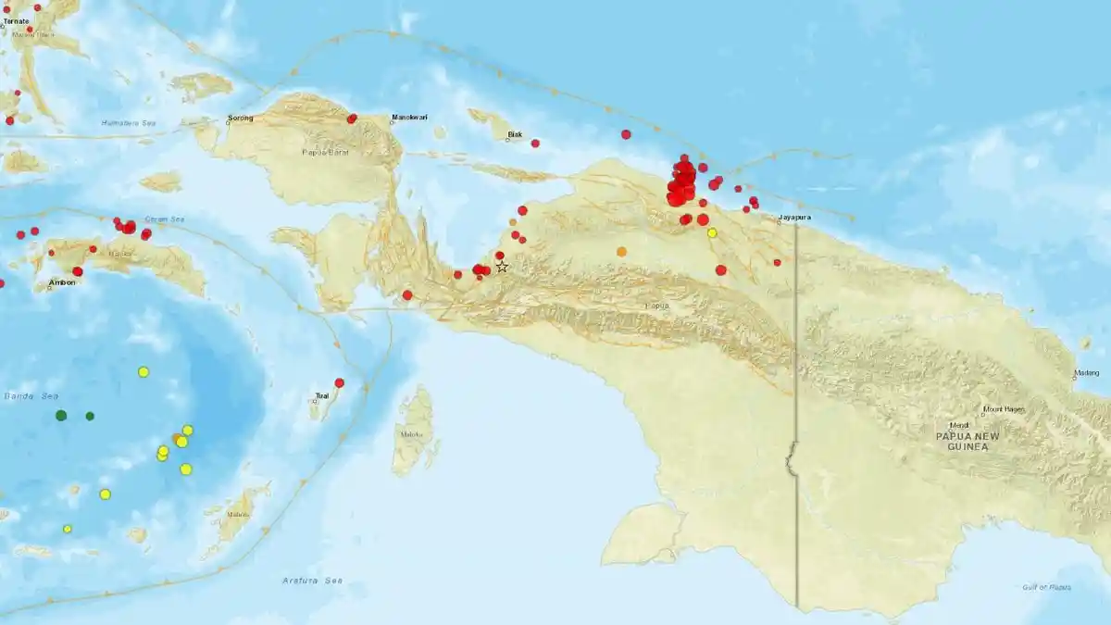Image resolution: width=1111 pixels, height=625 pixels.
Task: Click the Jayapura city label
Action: point(794,219)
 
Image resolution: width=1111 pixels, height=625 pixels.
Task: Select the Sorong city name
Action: point(240,119)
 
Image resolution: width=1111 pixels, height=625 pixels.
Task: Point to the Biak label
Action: point(515,135)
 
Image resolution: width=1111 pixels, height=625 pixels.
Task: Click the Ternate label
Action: point(16,20)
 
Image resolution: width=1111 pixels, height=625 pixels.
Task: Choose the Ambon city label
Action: point(62,282)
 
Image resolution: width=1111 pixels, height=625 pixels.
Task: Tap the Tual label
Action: point(321,395)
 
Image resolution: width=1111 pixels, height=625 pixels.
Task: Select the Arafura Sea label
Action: point(312,581)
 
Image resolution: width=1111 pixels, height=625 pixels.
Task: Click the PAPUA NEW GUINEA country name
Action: point(962,441)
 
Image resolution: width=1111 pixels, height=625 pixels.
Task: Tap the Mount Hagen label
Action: point(1004,409)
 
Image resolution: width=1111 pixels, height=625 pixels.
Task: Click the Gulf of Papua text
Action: point(1046,587)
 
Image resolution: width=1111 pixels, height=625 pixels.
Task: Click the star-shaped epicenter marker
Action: point(502,267)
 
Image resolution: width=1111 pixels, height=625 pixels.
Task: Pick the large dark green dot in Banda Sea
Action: point(61,415)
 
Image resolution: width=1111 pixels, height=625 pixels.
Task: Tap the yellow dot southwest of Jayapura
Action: point(712,232)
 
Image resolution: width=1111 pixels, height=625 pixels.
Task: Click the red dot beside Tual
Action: point(340,382)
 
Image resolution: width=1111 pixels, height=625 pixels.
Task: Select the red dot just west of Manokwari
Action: point(352,119)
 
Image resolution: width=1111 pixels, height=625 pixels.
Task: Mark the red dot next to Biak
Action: point(535,143)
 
